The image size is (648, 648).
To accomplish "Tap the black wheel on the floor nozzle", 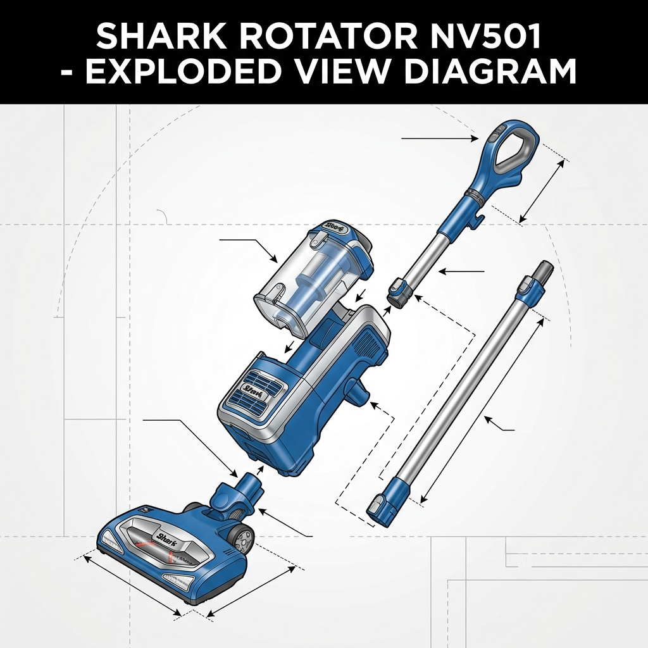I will pos(241,539).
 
